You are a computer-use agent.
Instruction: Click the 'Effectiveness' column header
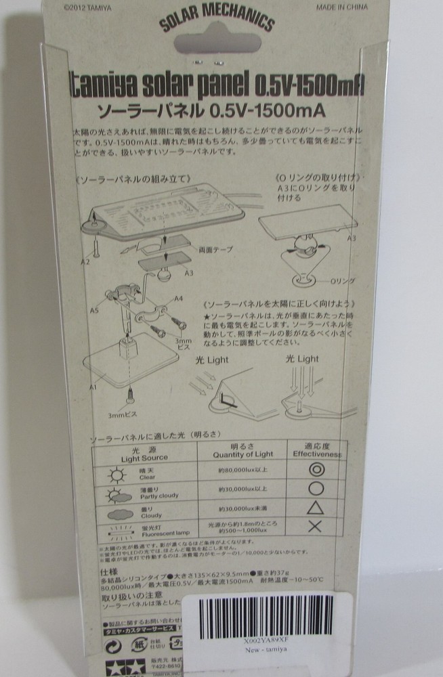tap(316, 452)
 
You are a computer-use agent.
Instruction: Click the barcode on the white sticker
tap(276, 611)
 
